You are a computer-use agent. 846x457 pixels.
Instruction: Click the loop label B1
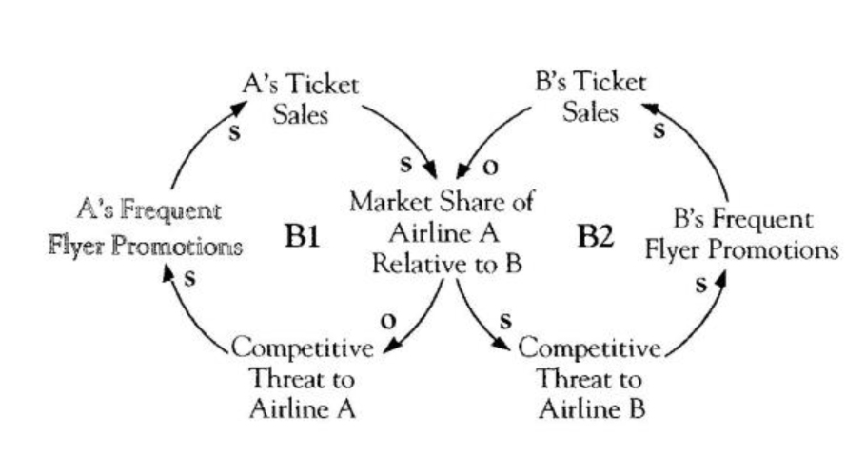click(302, 236)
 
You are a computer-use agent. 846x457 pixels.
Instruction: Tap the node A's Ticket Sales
click(301, 99)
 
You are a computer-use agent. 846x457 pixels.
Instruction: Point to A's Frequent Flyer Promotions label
click(145, 228)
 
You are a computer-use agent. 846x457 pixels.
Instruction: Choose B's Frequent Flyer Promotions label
click(742, 235)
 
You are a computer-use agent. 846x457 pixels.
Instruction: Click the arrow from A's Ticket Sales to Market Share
click(404, 133)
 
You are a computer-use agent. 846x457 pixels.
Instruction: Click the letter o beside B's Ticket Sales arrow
click(491, 167)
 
